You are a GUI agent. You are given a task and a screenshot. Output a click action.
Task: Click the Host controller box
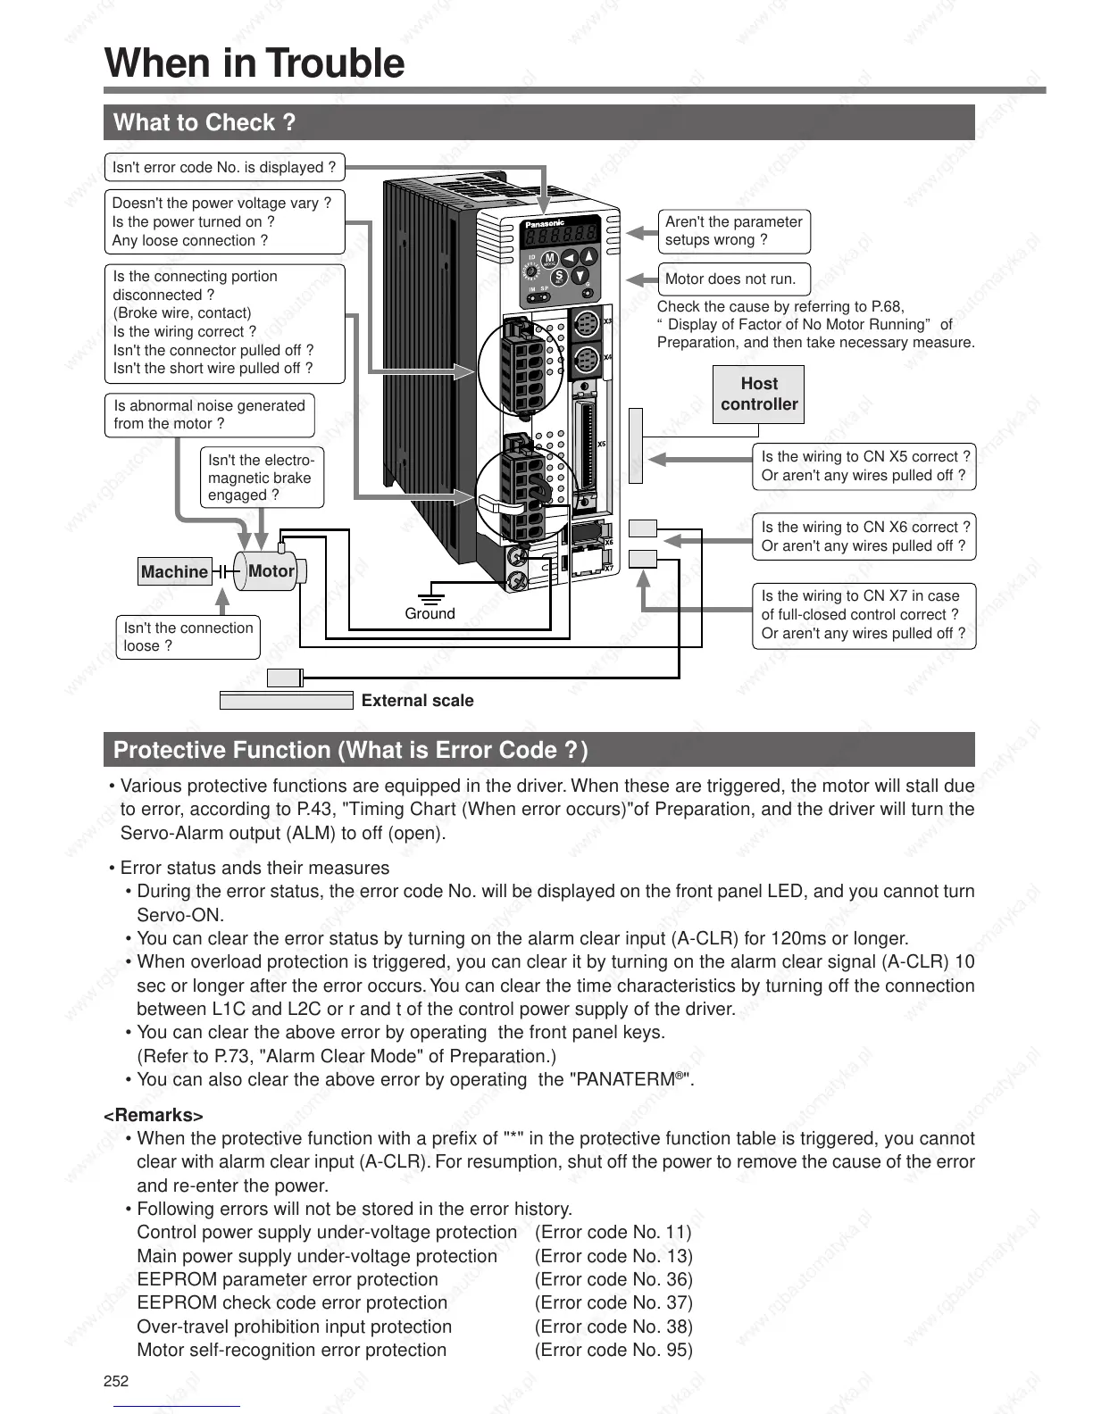coord(758,394)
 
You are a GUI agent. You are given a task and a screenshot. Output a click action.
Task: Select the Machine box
coord(175,571)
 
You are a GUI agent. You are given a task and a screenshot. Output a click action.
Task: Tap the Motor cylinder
coord(270,570)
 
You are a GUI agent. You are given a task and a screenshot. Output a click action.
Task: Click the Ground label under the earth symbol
coord(430,613)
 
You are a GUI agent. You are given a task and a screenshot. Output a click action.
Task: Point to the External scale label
coord(417,701)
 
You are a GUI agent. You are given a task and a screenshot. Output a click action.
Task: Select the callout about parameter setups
coord(733,231)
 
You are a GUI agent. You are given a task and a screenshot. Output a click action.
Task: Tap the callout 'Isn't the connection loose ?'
coord(188,636)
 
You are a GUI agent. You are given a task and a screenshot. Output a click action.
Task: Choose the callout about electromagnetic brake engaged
coord(261,478)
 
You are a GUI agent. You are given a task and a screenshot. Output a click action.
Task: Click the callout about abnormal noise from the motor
coord(209,414)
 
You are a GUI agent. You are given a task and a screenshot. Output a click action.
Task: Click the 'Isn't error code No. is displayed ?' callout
coord(224,167)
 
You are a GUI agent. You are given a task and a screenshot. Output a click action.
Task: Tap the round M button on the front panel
coord(550,259)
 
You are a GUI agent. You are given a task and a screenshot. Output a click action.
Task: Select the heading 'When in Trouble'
coord(254,63)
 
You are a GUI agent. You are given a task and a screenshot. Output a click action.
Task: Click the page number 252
coord(116,1381)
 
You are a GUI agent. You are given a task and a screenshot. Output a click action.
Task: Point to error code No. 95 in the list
coord(613,1350)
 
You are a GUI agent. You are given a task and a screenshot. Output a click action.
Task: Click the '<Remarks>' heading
coord(154,1115)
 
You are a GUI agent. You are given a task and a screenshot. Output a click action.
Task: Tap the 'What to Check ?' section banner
coord(204,122)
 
